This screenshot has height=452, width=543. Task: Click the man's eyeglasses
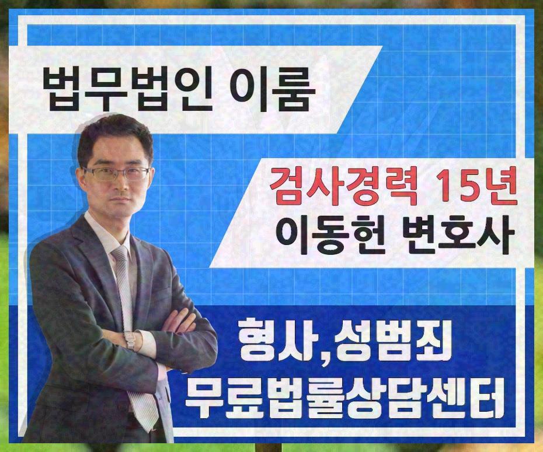[x=116, y=173]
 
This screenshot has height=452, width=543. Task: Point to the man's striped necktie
[x=124, y=280]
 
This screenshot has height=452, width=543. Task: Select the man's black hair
[x=114, y=137]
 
